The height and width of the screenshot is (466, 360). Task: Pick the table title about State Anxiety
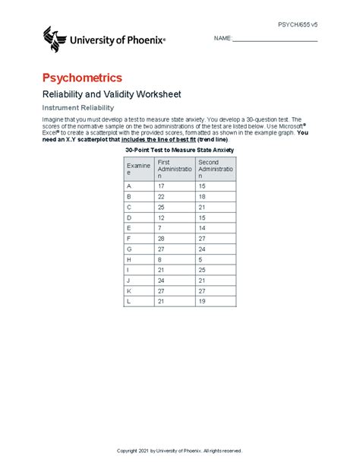point(180,151)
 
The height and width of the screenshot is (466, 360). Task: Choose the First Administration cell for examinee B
point(162,196)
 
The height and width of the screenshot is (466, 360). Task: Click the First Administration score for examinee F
point(162,238)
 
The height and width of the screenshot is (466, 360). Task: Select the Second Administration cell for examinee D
point(201,217)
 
